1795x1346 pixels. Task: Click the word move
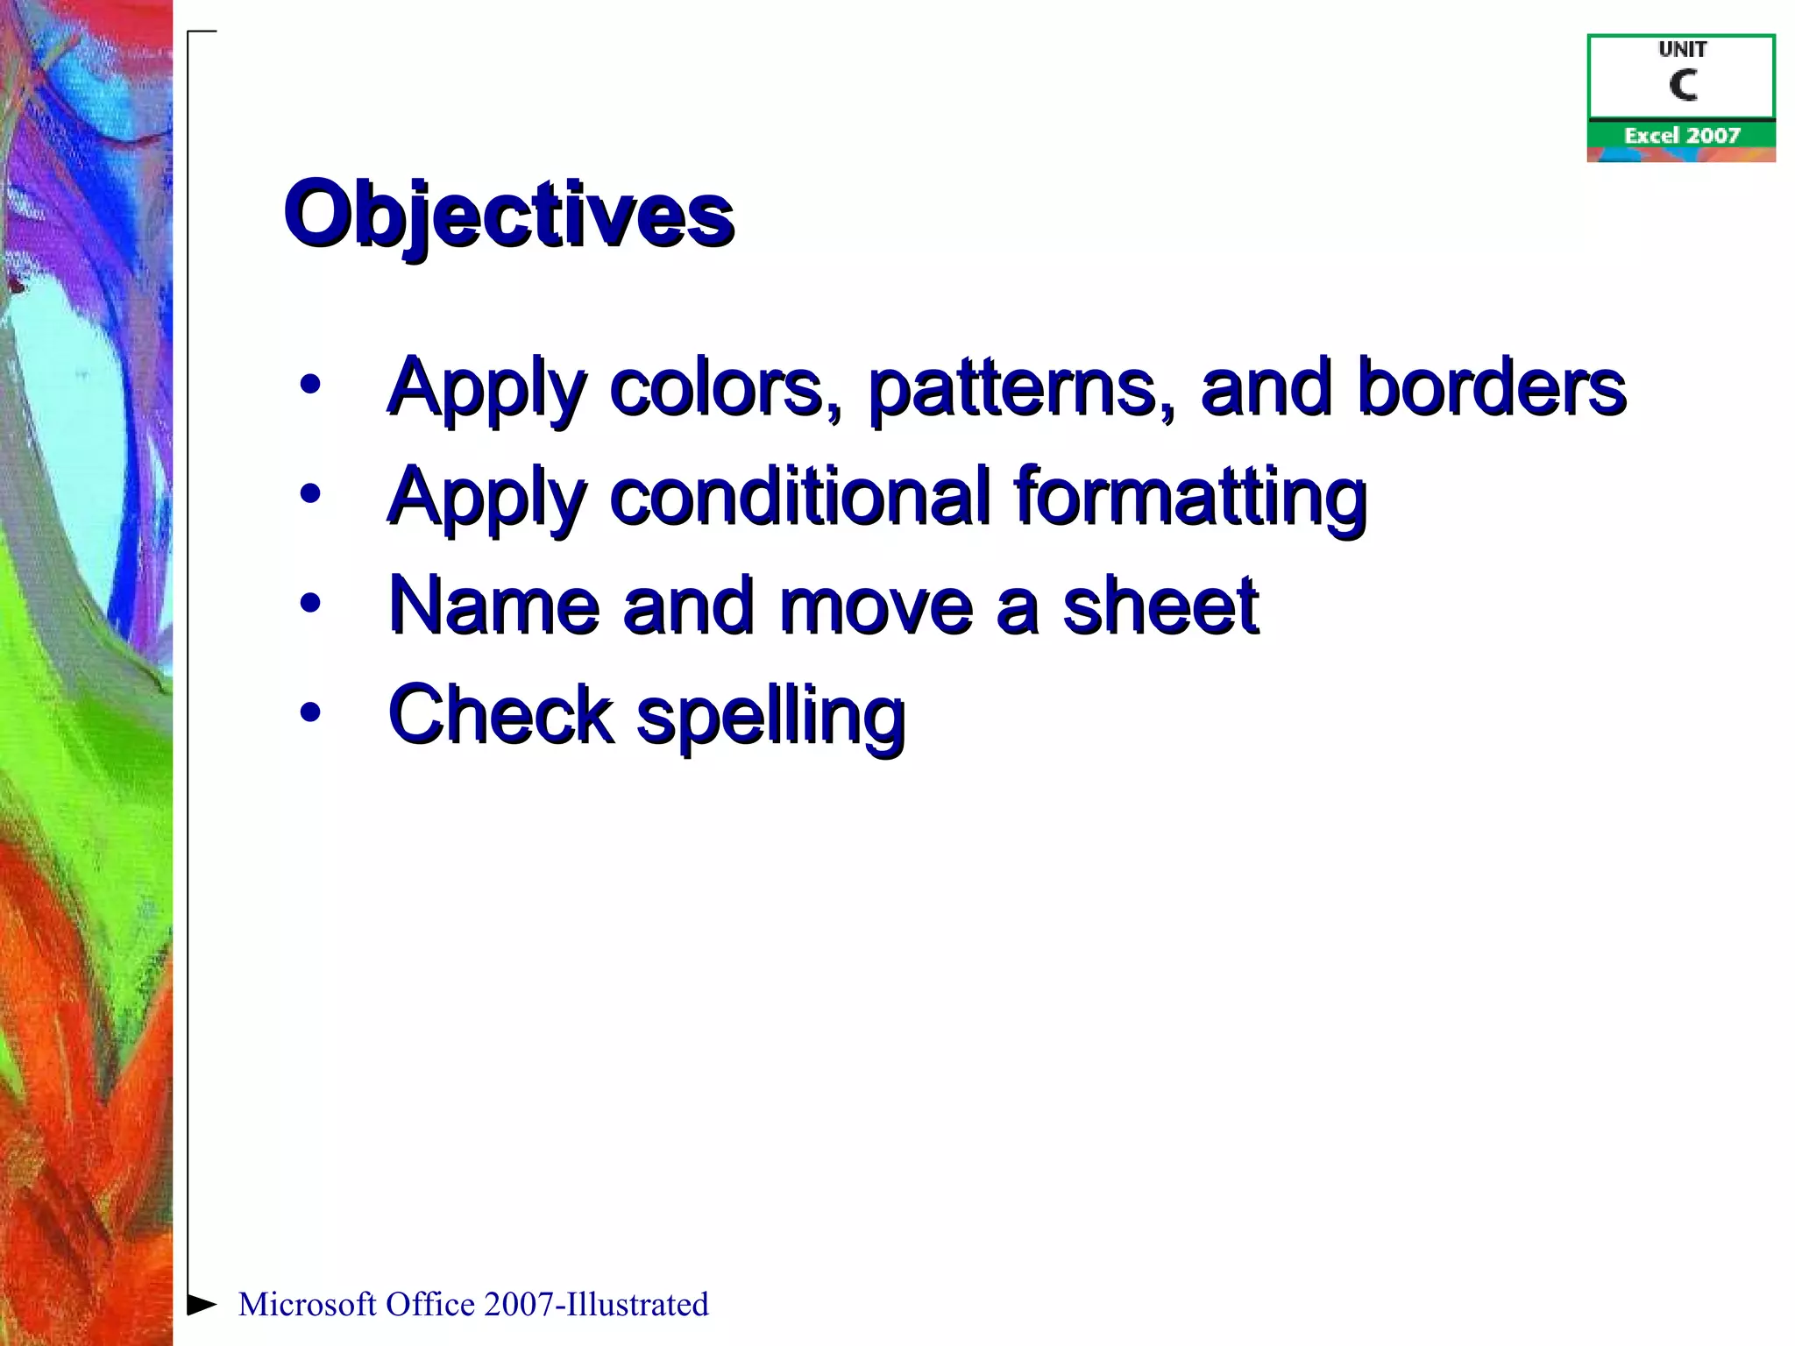point(876,606)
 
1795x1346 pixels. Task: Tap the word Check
point(500,714)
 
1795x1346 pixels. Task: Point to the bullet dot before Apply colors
point(309,384)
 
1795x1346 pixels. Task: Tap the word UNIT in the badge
point(1682,50)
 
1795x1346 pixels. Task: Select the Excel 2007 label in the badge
point(1681,136)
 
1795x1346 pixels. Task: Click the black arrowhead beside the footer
point(202,1304)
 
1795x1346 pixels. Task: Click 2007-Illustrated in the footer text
point(595,1305)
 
